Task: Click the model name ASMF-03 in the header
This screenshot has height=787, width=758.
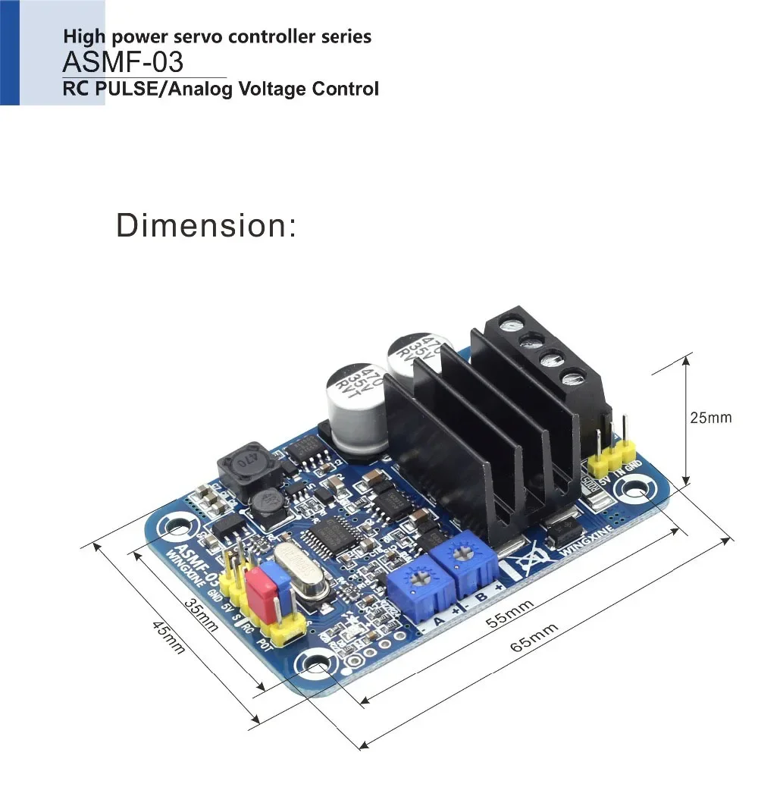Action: tap(122, 61)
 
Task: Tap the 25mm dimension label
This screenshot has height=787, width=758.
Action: tap(710, 418)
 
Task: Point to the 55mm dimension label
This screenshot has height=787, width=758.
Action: tap(509, 612)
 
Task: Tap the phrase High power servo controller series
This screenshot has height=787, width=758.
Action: tap(217, 36)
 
